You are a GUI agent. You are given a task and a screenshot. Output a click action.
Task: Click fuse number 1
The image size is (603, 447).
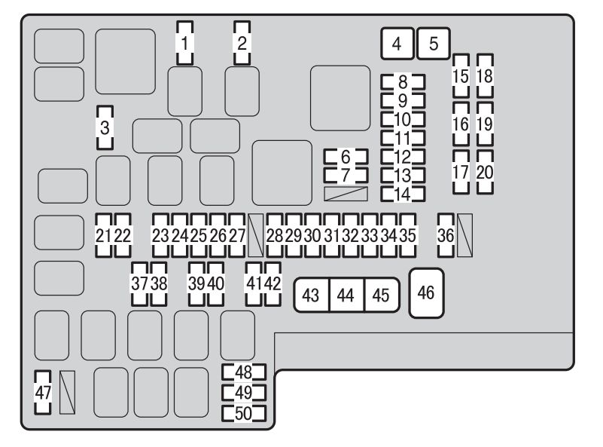click(x=185, y=43)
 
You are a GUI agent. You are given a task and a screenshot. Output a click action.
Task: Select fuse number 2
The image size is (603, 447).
click(x=242, y=43)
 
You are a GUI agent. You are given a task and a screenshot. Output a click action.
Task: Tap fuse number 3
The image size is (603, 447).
click(x=105, y=127)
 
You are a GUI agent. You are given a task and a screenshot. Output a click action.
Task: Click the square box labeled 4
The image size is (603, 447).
click(x=397, y=44)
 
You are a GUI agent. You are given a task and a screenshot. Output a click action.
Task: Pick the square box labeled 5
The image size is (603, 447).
click(x=434, y=44)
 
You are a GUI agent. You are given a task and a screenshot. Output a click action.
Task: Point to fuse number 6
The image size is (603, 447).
click(x=346, y=157)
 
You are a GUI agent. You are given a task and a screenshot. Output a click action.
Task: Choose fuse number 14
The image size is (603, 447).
click(x=403, y=194)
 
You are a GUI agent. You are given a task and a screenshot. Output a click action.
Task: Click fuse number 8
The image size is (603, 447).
click(x=403, y=82)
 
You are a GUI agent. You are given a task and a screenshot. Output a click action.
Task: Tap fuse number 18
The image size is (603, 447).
click(x=485, y=76)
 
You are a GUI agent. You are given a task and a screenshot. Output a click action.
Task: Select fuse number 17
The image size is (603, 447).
click(x=461, y=172)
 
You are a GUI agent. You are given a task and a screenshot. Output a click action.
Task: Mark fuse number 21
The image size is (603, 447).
click(x=103, y=235)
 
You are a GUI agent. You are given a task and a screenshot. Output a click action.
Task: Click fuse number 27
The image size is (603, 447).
click(x=236, y=235)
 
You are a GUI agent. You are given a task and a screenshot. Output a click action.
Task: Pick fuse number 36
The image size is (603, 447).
click(x=446, y=235)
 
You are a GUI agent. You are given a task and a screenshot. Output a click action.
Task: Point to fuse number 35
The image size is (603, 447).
click(x=407, y=235)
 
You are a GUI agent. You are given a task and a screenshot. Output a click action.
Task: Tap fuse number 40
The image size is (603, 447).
click(x=215, y=284)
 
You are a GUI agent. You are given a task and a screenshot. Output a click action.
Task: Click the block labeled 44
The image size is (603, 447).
click(x=346, y=295)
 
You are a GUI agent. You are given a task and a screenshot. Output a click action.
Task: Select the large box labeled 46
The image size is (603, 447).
click(x=427, y=293)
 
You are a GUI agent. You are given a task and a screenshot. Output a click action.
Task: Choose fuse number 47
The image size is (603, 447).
click(x=43, y=392)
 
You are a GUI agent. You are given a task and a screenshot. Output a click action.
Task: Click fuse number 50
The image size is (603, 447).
click(x=244, y=413)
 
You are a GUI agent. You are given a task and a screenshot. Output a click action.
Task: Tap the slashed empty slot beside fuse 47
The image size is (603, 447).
click(x=67, y=392)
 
